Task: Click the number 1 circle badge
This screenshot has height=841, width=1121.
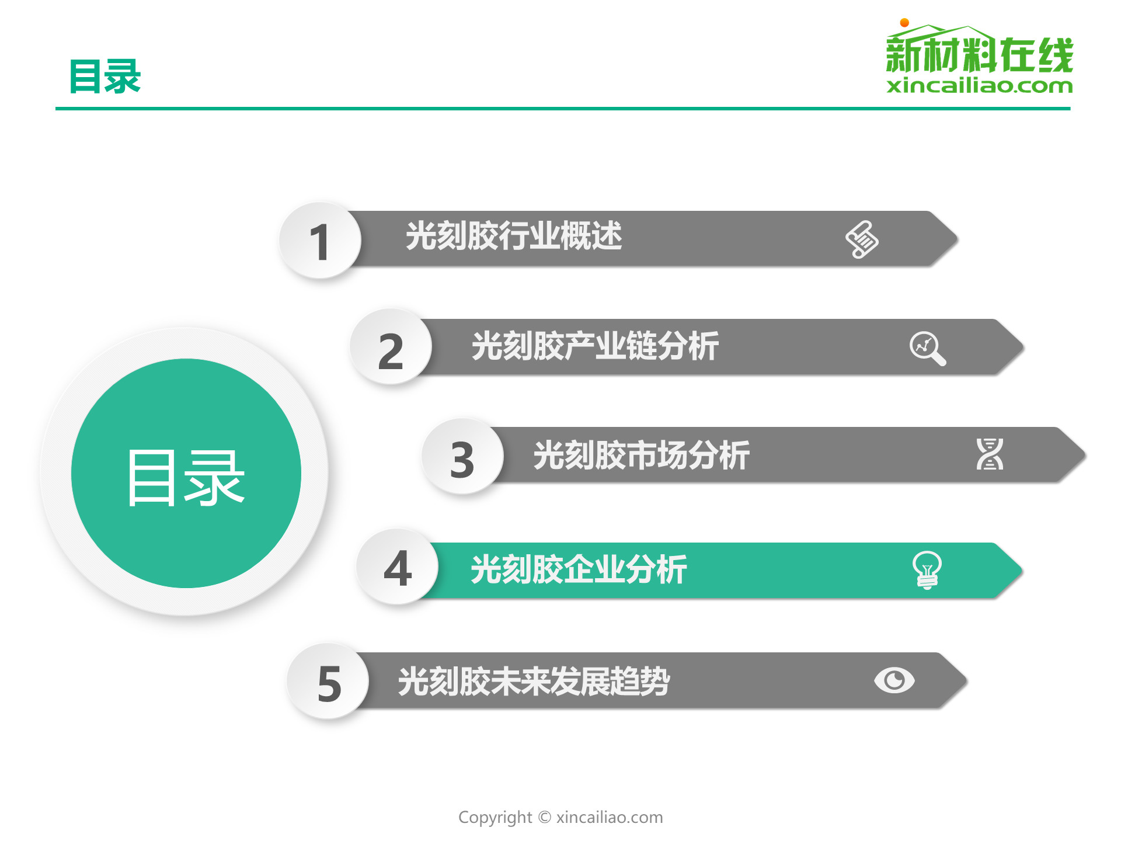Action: pos(320,240)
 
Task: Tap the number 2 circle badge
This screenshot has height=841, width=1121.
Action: pos(391,347)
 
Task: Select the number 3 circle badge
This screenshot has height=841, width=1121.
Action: pos(462,457)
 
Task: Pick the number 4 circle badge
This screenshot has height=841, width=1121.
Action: pos(398,567)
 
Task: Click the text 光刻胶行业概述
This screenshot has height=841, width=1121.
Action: pos(514,236)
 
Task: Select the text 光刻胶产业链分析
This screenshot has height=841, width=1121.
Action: pos(595,346)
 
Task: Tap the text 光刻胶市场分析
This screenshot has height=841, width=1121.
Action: pos(641,455)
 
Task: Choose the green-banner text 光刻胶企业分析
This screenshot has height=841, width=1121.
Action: pos(579,569)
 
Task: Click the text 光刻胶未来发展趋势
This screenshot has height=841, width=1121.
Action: pos(534,681)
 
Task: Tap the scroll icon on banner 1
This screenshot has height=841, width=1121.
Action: pos(862,239)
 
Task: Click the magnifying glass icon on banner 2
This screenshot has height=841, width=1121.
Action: pos(928,349)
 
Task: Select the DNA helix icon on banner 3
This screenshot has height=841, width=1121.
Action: pos(990,454)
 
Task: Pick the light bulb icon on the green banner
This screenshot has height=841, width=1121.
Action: pos(927,570)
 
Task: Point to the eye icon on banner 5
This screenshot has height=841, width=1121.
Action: pos(894,680)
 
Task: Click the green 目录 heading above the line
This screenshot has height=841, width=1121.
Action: pos(105,77)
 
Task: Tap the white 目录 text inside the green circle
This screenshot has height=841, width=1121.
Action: pos(186,478)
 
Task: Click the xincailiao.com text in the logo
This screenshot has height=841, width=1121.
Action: pos(979,86)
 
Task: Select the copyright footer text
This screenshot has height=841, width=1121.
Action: pos(560,817)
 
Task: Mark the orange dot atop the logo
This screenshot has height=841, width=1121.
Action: pos(904,23)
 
